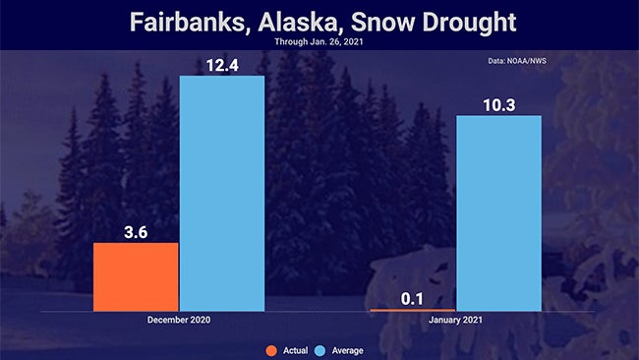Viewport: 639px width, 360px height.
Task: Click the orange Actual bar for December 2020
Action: pyautogui.click(x=136, y=276)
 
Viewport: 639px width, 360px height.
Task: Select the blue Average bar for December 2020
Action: pyautogui.click(x=222, y=193)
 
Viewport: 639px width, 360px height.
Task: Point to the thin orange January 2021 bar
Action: pyautogui.click(x=413, y=310)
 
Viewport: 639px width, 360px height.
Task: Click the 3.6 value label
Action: pyautogui.click(x=136, y=229)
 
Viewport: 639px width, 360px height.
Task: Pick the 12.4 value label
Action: pyautogui.click(x=222, y=62)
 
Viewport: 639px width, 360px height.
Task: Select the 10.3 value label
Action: pyautogui.click(x=499, y=102)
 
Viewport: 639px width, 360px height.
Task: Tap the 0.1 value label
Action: pyautogui.click(x=413, y=296)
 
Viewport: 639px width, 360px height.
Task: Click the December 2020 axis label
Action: pyautogui.click(x=178, y=321)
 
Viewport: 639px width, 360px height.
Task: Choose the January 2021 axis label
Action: pyautogui.click(x=456, y=321)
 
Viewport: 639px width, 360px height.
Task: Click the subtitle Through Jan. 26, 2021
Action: pyautogui.click(x=319, y=42)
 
